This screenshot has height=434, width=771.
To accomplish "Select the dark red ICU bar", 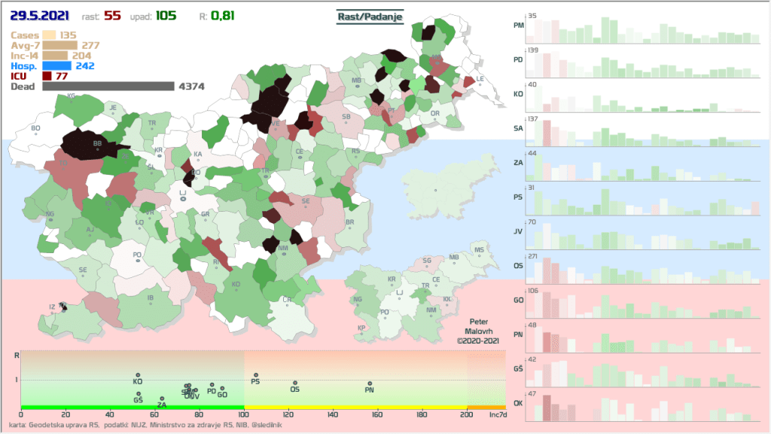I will click(x=46, y=76).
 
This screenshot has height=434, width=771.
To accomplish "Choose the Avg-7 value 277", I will click(x=90, y=45).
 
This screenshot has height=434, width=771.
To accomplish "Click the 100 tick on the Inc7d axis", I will click(x=243, y=414).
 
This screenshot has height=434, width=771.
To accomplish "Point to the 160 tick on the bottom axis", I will click(x=377, y=414).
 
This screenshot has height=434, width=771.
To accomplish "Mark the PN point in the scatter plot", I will click(x=369, y=384).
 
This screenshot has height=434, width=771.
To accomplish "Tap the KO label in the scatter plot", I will click(x=138, y=382).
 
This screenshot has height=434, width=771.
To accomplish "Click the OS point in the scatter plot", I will click(x=294, y=383).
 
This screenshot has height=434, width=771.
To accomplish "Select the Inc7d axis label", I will click(x=497, y=414).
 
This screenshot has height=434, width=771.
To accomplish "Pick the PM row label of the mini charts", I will click(x=518, y=26).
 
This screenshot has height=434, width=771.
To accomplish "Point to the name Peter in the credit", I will click(x=478, y=321).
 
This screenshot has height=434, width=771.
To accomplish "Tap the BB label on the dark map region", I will click(x=96, y=143).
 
